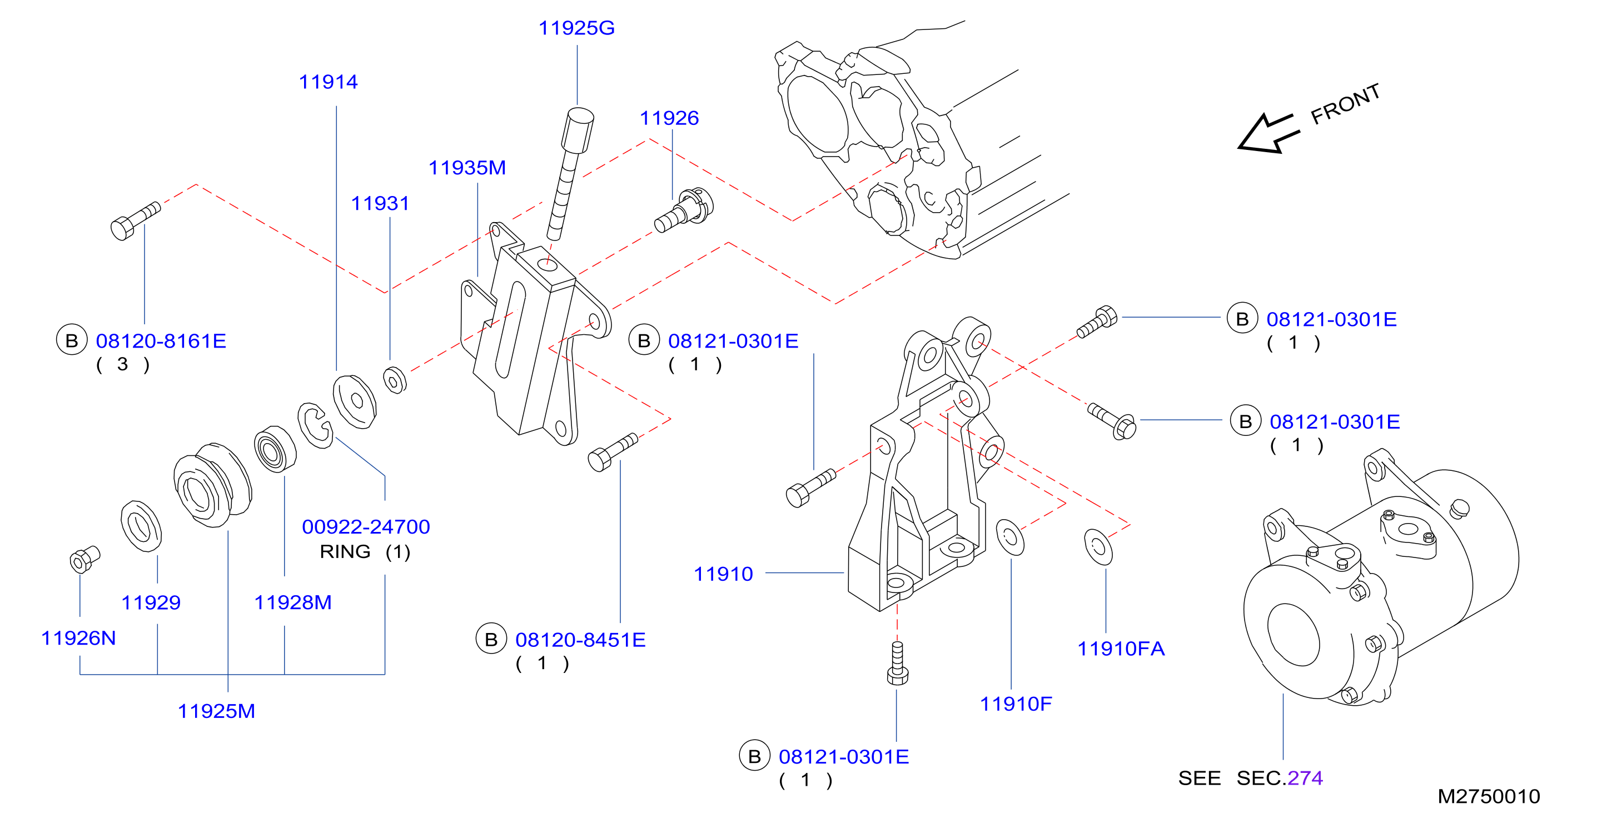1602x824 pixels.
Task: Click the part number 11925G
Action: (576, 28)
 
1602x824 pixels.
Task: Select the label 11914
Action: (329, 82)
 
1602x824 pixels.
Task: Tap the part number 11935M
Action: (467, 168)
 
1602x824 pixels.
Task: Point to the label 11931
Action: (380, 204)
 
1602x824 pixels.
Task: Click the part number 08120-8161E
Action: (161, 341)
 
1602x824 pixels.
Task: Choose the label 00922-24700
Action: (366, 527)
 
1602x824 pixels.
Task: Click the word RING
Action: (345, 552)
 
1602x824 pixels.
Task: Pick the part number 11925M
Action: (216, 711)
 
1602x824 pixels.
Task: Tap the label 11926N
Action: (78, 638)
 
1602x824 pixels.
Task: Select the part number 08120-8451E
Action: (580, 640)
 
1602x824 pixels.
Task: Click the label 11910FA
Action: (1121, 649)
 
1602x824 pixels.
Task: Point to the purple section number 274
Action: (1305, 778)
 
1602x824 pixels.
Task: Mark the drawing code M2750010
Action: (1489, 797)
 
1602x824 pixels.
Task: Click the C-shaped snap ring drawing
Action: (315, 425)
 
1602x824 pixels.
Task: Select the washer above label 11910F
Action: (1010, 537)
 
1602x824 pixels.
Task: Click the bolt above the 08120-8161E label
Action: (135, 220)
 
